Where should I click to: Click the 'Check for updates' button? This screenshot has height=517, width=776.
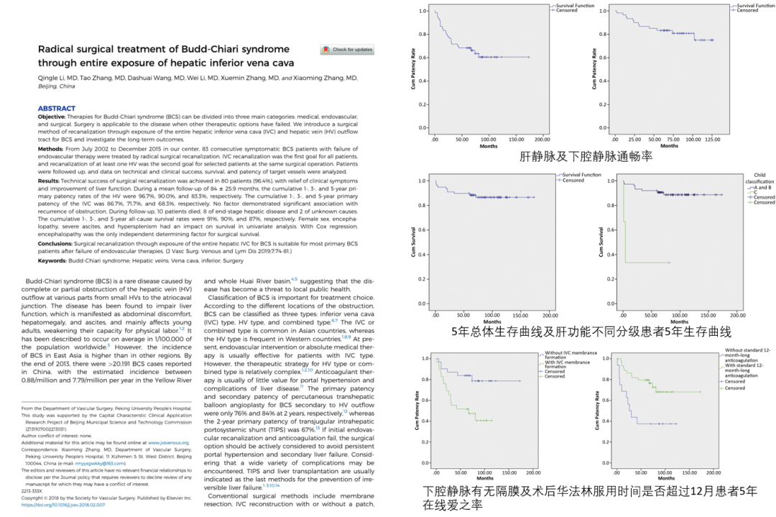348,50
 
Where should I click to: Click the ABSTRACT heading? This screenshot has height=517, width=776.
57,109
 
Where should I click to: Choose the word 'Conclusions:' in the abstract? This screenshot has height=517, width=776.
57,243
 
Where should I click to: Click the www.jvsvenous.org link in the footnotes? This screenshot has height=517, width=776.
172,443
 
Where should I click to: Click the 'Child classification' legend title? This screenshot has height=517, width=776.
759,178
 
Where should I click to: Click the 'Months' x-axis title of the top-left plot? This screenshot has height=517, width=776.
489,146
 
